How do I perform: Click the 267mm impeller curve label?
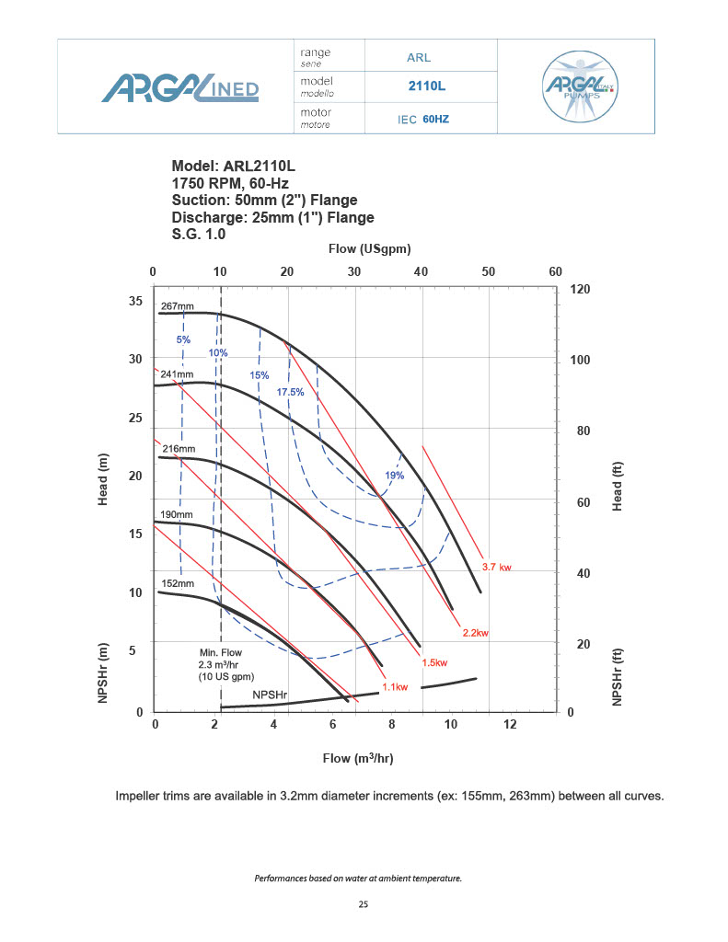178,306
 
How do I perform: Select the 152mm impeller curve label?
178,583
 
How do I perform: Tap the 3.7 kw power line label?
497,568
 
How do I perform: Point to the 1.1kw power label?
395,686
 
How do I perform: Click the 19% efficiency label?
395,476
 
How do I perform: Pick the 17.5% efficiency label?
290,393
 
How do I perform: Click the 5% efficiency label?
183,340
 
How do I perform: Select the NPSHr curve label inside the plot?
271,695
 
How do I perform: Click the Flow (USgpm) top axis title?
369,249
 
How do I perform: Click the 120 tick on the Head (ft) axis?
582,289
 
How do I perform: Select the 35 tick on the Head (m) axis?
135,301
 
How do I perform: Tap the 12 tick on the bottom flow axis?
510,725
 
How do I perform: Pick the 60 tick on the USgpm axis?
555,271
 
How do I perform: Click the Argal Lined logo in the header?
180,87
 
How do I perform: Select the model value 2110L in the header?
427,86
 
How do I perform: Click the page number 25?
364,905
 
